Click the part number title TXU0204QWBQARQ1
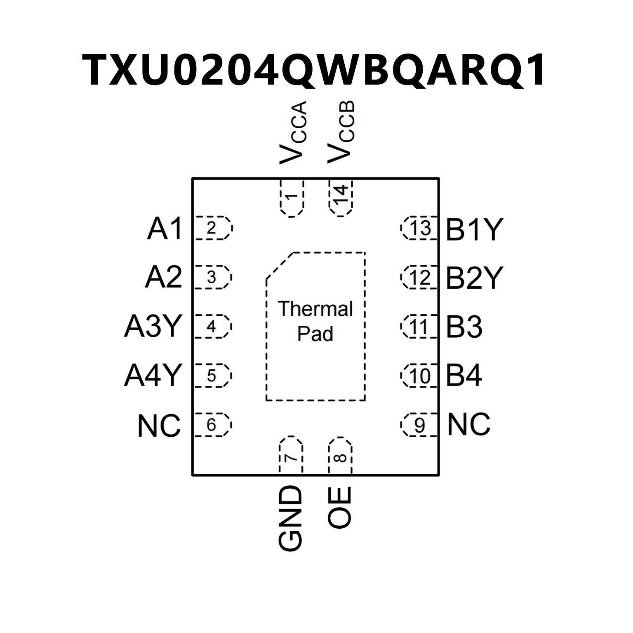[314, 70]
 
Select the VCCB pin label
[341, 132]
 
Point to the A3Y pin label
[153, 326]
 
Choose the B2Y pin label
[474, 278]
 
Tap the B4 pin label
[464, 376]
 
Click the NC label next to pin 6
[159, 426]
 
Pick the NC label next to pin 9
[469, 424]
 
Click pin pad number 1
[292, 198]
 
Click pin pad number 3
[212, 277]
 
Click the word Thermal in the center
[315, 309]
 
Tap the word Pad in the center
[315, 334]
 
